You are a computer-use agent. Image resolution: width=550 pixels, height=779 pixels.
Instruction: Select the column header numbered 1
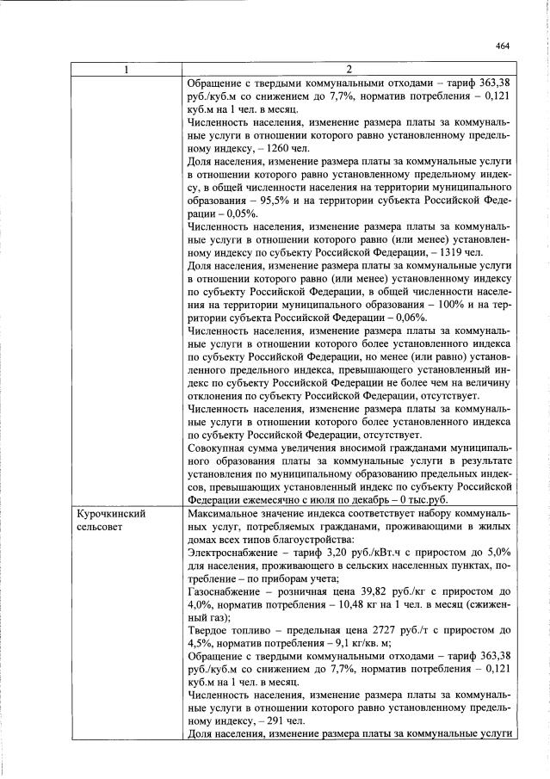pos(127,70)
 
